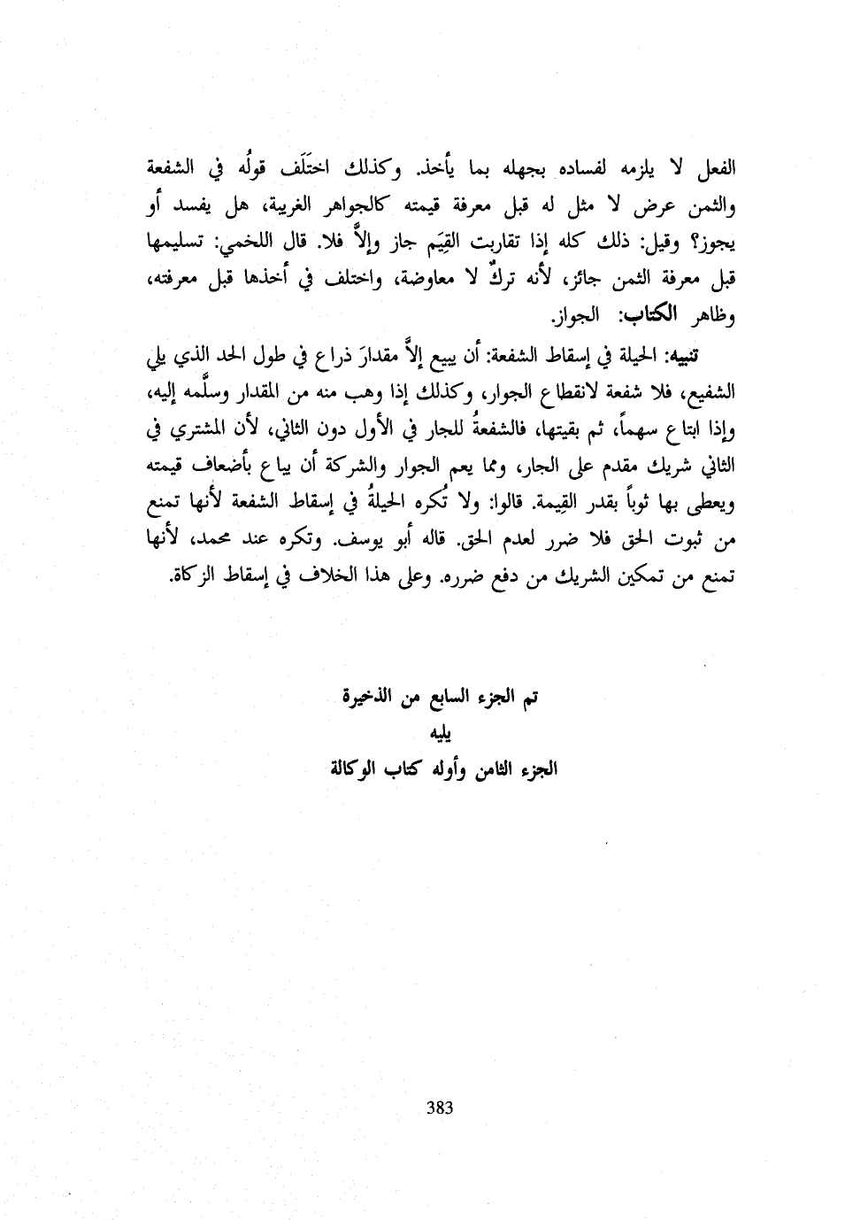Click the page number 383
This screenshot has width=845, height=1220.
440,1107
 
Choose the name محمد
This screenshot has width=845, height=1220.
227,536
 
